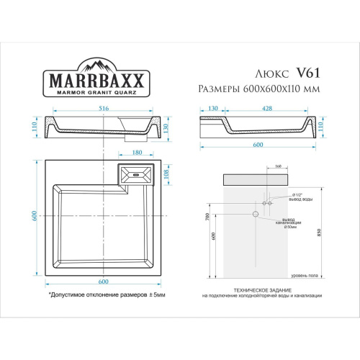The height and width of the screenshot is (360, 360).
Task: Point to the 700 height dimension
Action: [207, 216]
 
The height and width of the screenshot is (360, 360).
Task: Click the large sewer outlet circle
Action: [254, 214]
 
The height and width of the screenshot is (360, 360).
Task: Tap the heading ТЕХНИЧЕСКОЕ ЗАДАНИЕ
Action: [261, 290]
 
